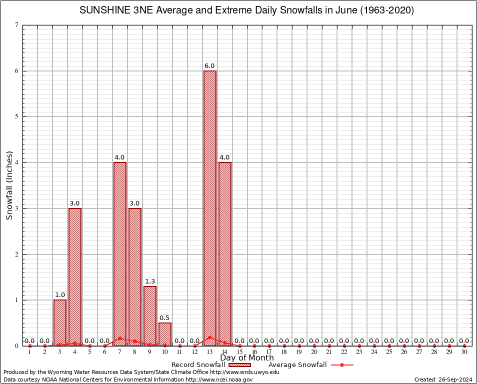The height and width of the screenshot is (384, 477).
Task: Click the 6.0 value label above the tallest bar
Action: pyautogui.click(x=209, y=66)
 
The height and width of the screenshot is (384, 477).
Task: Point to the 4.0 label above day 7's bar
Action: pyautogui.click(x=119, y=157)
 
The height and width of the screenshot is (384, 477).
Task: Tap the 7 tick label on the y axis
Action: pyautogui.click(x=17, y=25)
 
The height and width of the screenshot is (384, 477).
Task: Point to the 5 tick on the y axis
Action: pyautogui.click(x=17, y=116)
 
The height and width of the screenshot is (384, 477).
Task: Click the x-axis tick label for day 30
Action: pyautogui.click(x=464, y=352)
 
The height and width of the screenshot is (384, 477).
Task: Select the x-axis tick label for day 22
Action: pyautogui.click(x=344, y=352)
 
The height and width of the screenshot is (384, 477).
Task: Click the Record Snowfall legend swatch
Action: pyautogui.click(x=239, y=364)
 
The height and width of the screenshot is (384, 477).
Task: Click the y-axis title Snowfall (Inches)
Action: pyautogui.click(x=9, y=185)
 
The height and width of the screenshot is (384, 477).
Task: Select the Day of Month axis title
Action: pyautogui.click(x=247, y=358)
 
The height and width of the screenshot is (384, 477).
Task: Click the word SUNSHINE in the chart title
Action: pyautogui.click(x=102, y=10)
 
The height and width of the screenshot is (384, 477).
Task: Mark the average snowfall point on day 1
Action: pyautogui.click(x=30, y=345)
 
